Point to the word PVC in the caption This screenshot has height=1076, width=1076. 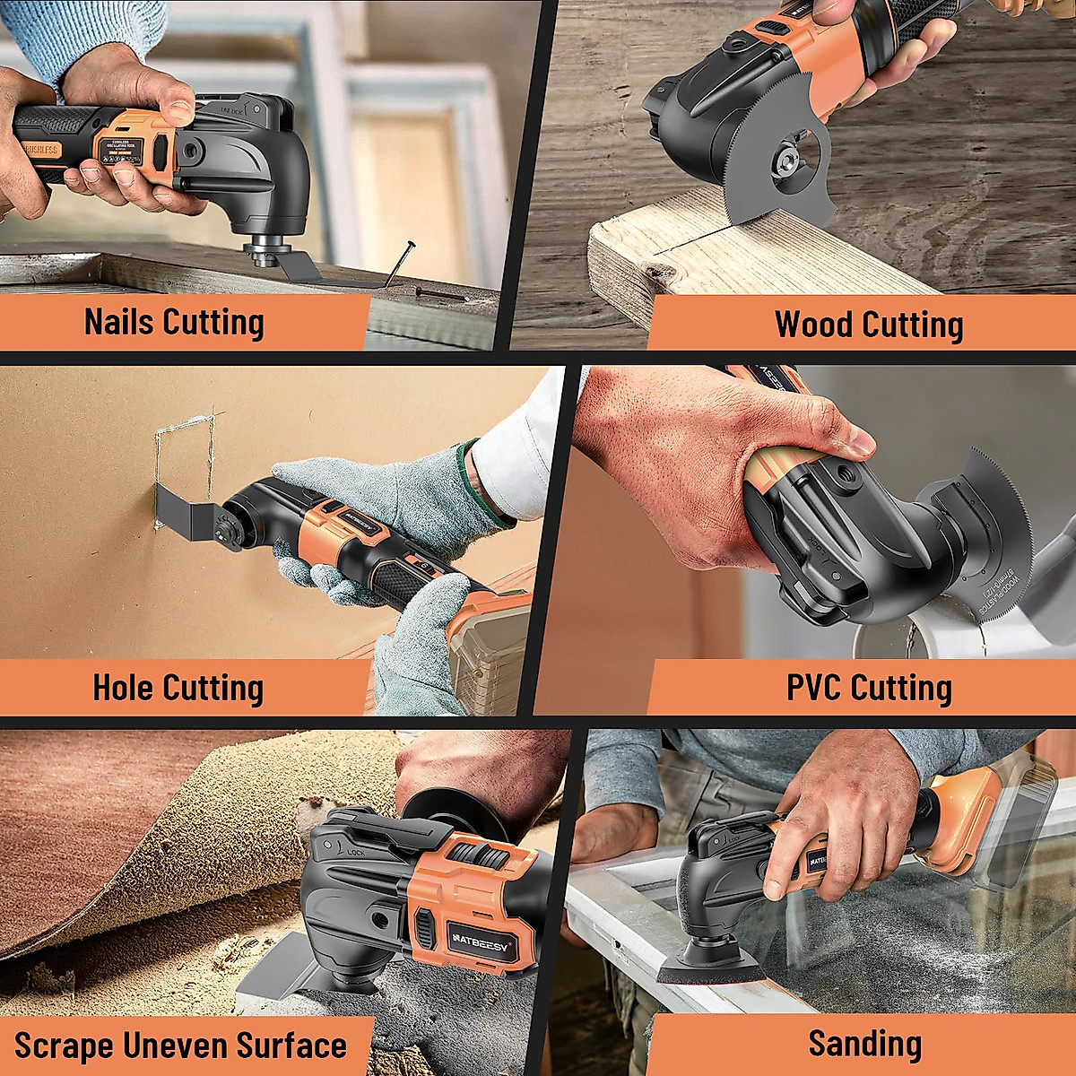(x=813, y=688)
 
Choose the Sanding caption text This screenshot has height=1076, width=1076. (x=864, y=1044)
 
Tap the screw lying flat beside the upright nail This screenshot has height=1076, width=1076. (x=440, y=293)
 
